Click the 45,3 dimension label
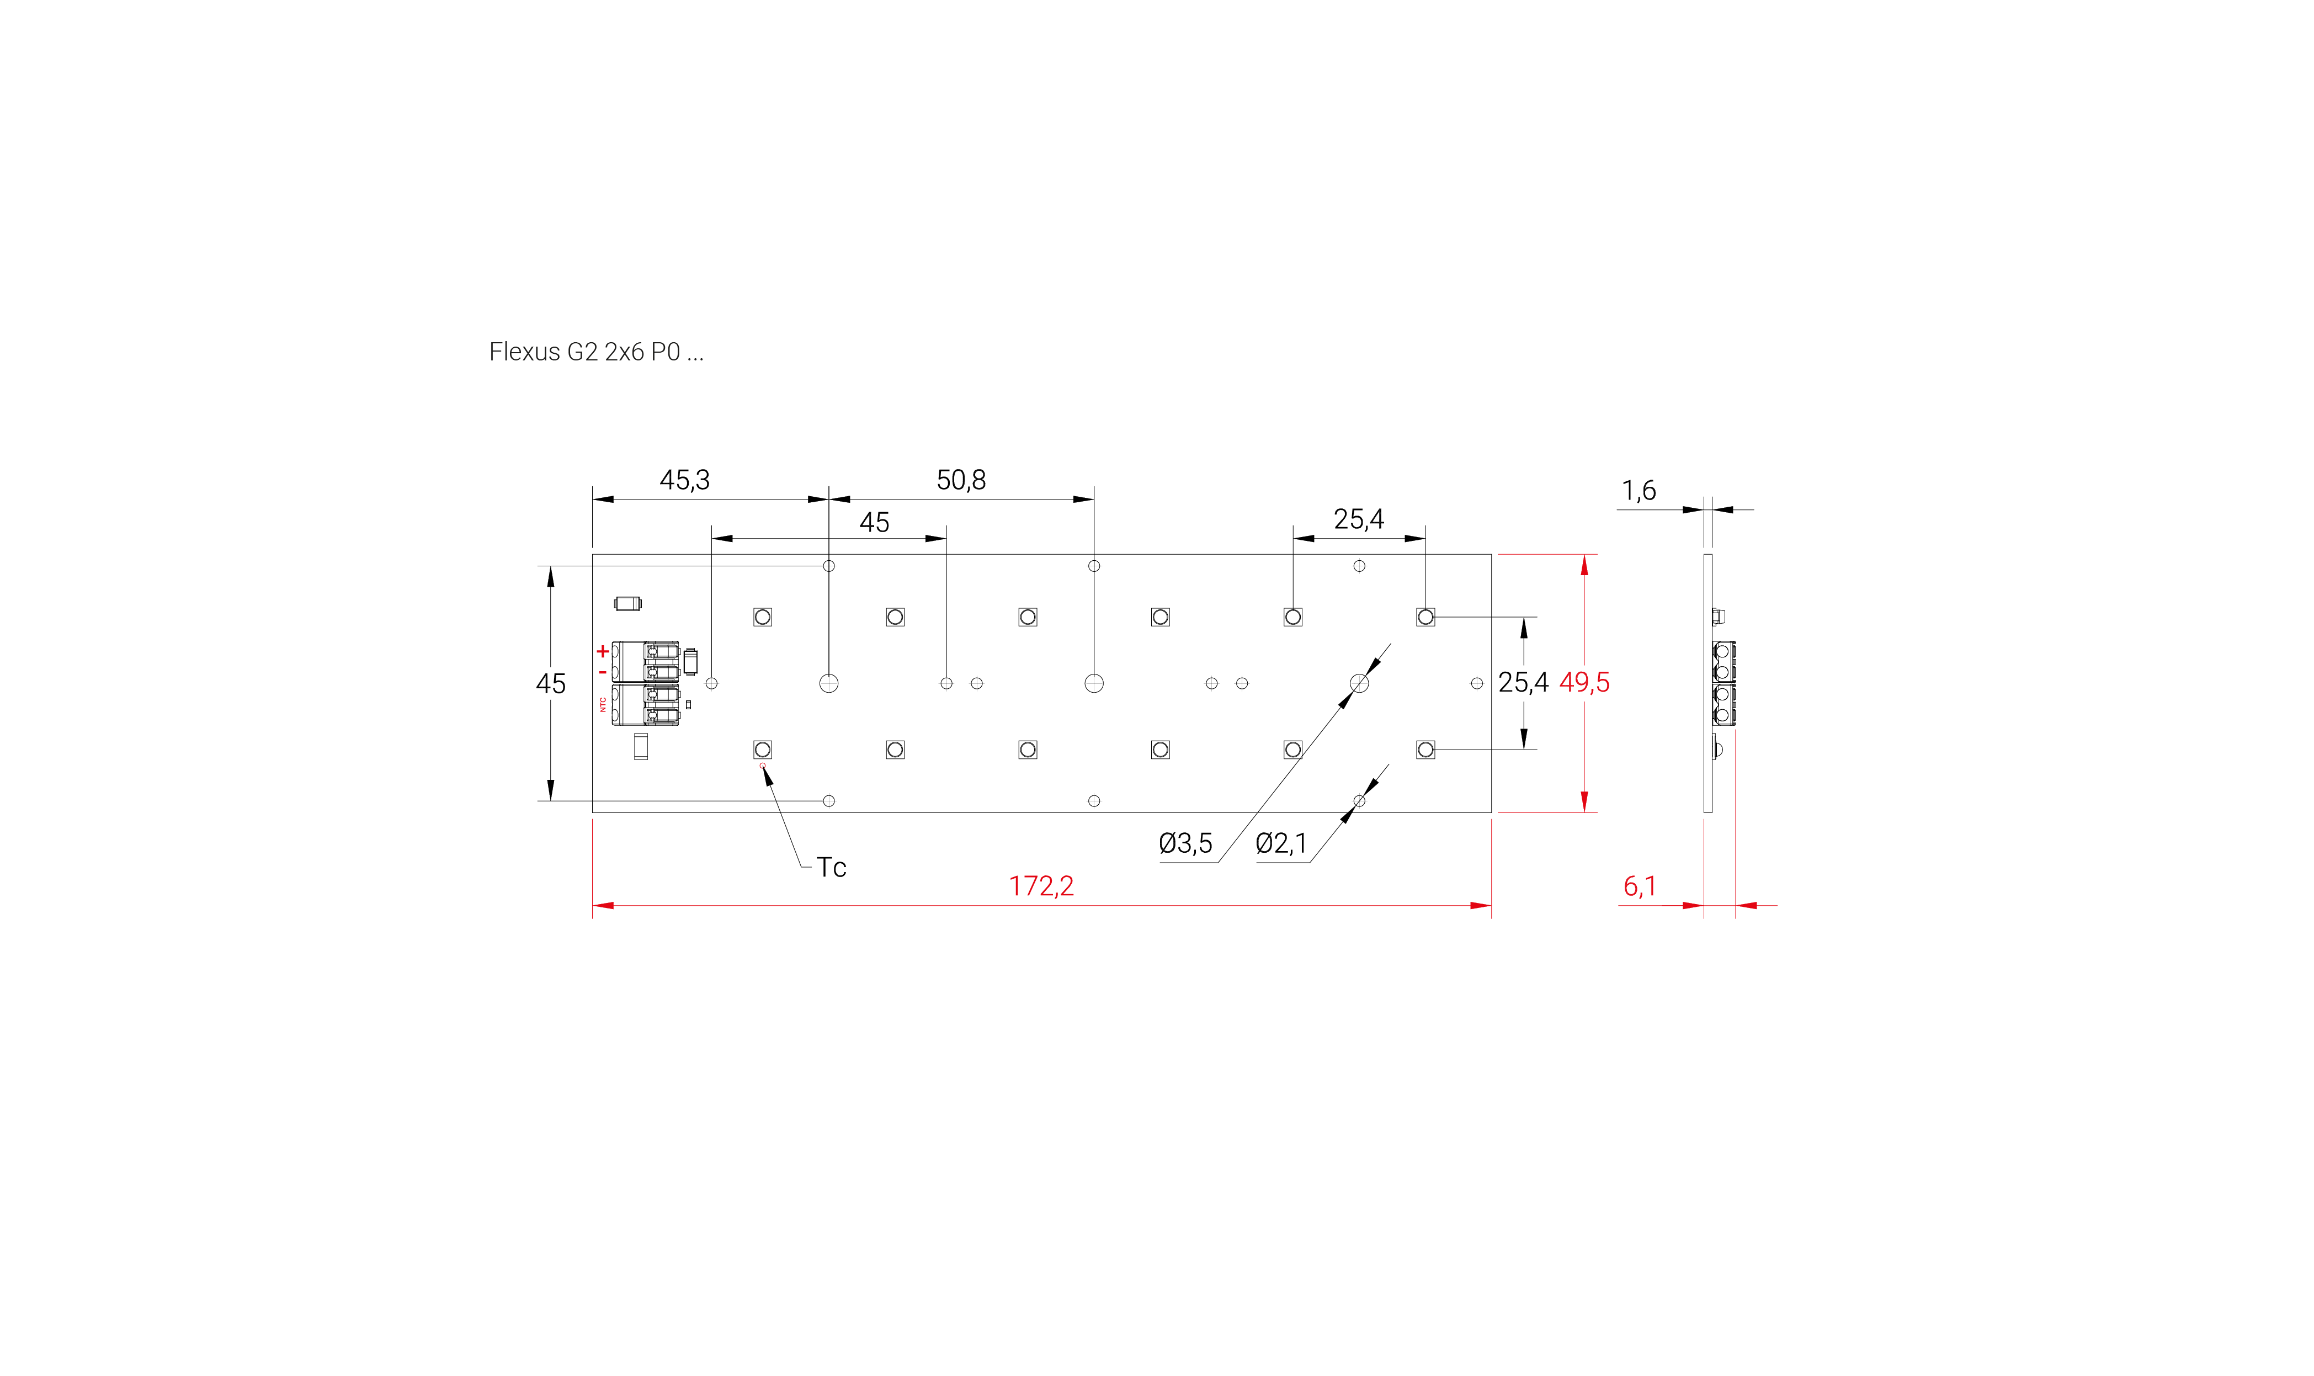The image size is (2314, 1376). (684, 480)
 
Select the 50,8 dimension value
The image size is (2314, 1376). (960, 480)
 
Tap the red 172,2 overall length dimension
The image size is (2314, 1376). (1041, 886)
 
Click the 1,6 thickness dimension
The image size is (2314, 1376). (1638, 491)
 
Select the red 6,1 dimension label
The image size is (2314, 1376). (1639, 886)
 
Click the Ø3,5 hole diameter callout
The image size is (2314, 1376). (1185, 844)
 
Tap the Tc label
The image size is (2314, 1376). (831, 868)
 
